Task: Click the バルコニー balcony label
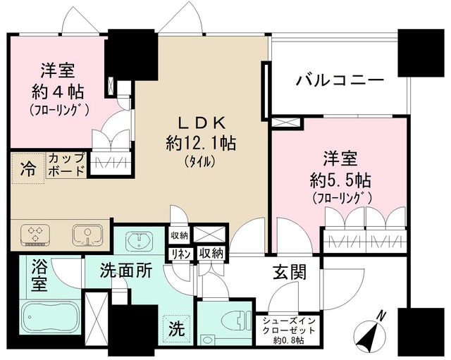click(x=339, y=80)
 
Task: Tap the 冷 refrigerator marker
click(x=27, y=169)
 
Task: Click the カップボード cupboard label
click(x=66, y=163)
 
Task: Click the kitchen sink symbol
click(x=85, y=233)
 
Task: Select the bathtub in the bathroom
click(x=49, y=321)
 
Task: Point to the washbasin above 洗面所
click(x=139, y=241)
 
